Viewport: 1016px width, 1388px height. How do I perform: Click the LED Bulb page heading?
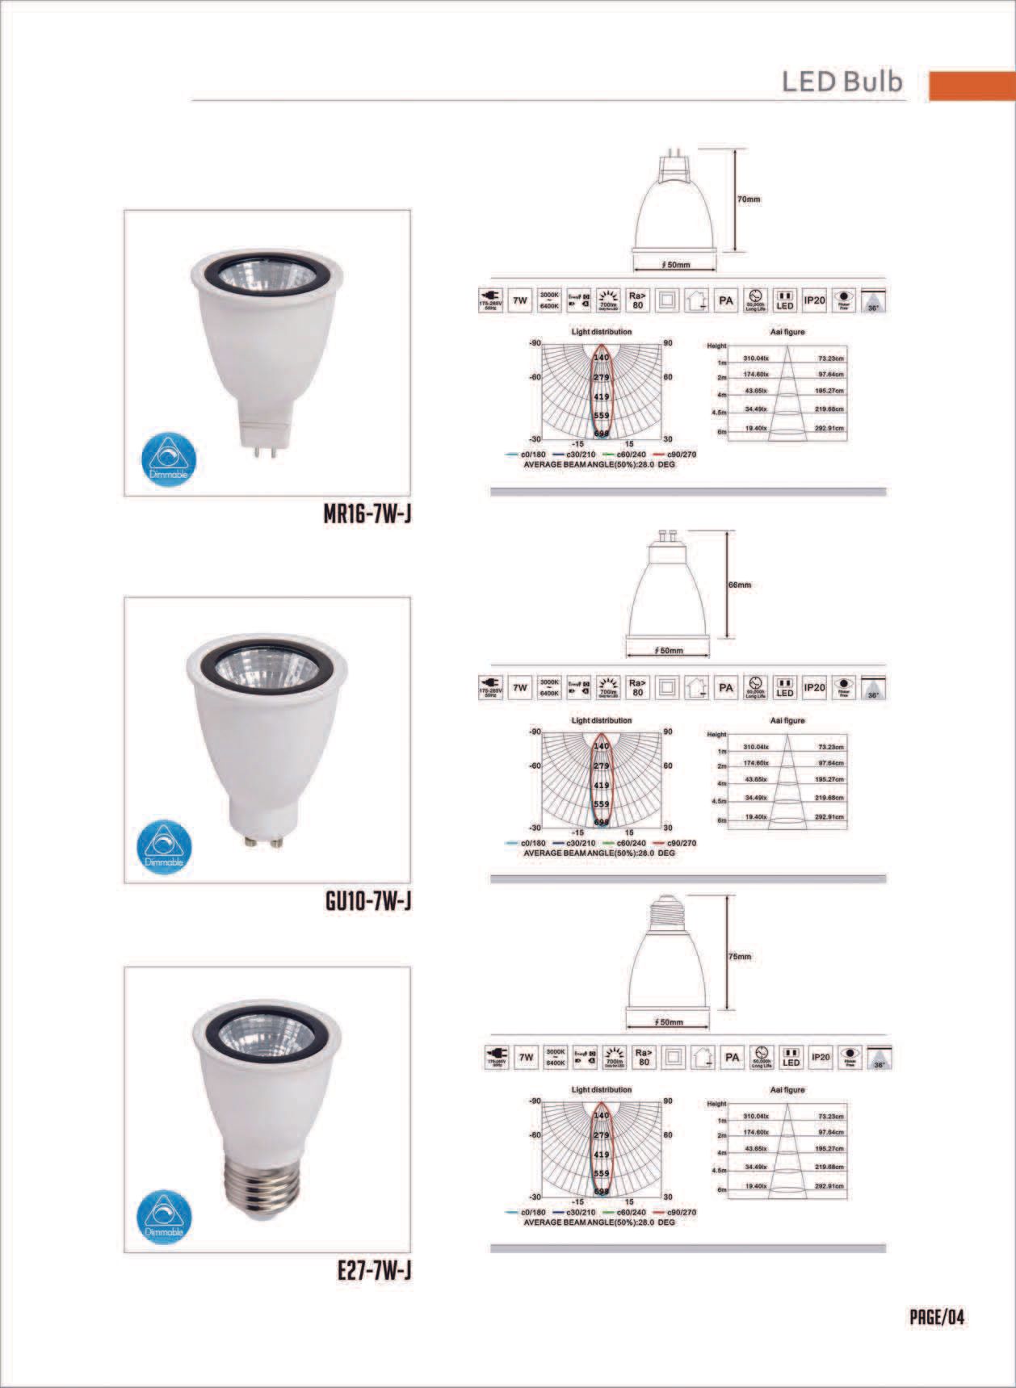[x=842, y=82]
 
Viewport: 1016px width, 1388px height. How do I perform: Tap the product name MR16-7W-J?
[x=367, y=514]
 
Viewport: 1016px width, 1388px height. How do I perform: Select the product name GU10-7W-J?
[x=367, y=901]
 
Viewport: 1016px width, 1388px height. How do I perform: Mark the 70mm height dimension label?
[x=749, y=199]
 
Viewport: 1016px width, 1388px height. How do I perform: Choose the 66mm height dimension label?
[x=740, y=585]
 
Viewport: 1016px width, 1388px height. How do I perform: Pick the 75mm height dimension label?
[x=740, y=957]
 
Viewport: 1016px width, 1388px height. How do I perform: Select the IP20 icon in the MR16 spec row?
[x=813, y=302]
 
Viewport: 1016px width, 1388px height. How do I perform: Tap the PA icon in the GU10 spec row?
[x=726, y=687]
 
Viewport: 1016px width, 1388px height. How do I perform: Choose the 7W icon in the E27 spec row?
[x=527, y=1057]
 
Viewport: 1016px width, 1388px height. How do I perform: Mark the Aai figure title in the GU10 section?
[x=787, y=720]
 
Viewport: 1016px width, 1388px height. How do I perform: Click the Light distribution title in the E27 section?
[x=601, y=1089]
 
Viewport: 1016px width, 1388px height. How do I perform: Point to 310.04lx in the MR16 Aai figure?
[x=756, y=359]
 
